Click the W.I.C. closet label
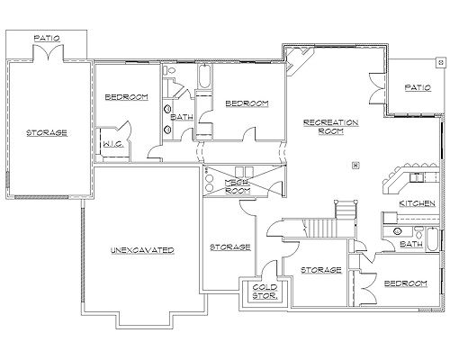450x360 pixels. click(113, 144)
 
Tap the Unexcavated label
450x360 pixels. click(142, 250)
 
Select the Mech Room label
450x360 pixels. click(238, 186)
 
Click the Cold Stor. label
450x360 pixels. click(265, 292)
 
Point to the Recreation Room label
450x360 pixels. click(330, 127)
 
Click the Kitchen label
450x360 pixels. click(417, 203)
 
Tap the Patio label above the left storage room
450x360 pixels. click(47, 38)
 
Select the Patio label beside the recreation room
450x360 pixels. click(418, 87)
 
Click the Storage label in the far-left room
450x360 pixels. click(47, 132)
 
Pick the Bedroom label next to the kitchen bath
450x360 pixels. click(406, 283)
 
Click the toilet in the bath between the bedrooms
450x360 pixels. click(169, 70)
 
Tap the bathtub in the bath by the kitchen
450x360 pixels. click(432, 239)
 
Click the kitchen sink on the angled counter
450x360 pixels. click(417, 177)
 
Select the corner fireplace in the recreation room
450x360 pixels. click(297, 61)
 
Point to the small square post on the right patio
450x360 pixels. click(440, 62)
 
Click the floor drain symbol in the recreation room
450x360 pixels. click(355, 165)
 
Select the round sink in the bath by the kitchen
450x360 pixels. click(398, 231)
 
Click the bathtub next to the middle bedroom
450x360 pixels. click(204, 76)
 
